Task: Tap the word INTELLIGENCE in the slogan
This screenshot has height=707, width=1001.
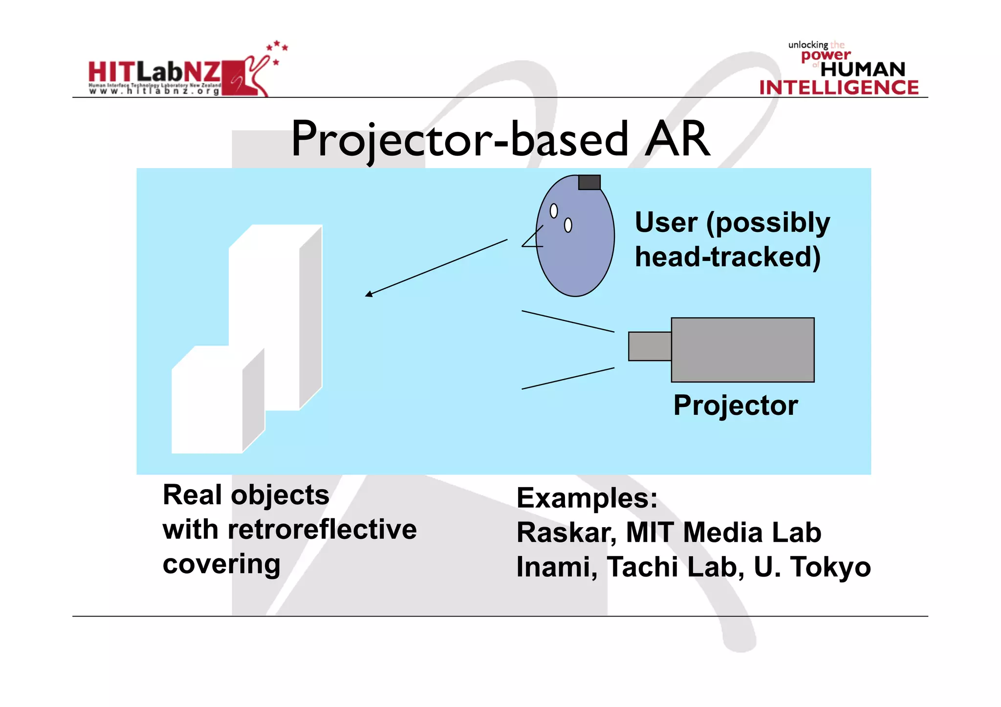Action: [839, 88]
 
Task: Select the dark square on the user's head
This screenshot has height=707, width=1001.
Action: [589, 182]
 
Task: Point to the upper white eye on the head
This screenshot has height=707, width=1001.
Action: [554, 211]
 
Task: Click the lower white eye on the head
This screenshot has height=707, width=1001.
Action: [568, 225]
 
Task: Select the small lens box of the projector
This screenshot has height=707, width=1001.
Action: [650, 346]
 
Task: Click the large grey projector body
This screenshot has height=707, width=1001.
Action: [742, 350]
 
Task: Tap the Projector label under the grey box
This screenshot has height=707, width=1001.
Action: [735, 405]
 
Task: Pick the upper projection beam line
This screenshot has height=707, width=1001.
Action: [567, 321]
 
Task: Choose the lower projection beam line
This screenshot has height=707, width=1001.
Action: [567, 378]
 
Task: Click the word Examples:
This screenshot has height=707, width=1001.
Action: [587, 498]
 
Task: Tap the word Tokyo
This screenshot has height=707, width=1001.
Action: [830, 567]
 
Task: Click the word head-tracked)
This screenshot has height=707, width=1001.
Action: [727, 257]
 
